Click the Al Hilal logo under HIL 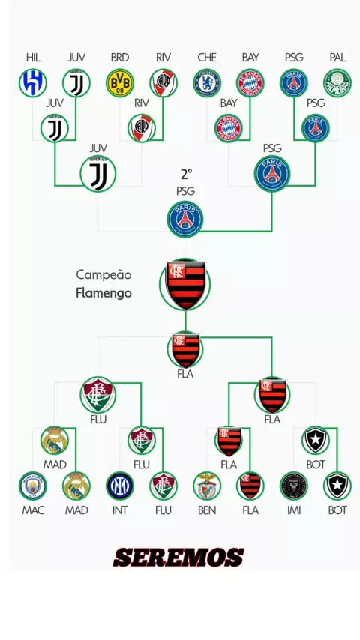pyautogui.click(x=33, y=83)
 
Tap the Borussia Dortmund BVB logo pyautogui.click(x=120, y=83)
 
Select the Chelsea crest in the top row pyautogui.click(x=207, y=83)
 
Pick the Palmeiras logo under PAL pyautogui.click(x=337, y=83)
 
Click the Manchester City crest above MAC pyautogui.click(x=33, y=486)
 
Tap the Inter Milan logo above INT pyautogui.click(x=120, y=486)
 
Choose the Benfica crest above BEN pyautogui.click(x=207, y=486)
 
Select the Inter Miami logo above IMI pyautogui.click(x=294, y=486)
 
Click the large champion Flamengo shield pyautogui.click(x=185, y=285)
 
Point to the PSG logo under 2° pyautogui.click(x=185, y=219)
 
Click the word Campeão pyautogui.click(x=103, y=275)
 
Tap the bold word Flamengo pyautogui.click(x=103, y=293)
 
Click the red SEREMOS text pyautogui.click(x=178, y=558)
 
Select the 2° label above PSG pyautogui.click(x=186, y=175)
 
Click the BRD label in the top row pyautogui.click(x=120, y=58)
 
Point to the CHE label pyautogui.click(x=207, y=58)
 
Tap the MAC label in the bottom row pyautogui.click(x=33, y=510)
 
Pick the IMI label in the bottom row pyautogui.click(x=294, y=510)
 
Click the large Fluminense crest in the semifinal pyautogui.click(x=98, y=395)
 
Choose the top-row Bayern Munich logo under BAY pyautogui.click(x=250, y=83)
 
